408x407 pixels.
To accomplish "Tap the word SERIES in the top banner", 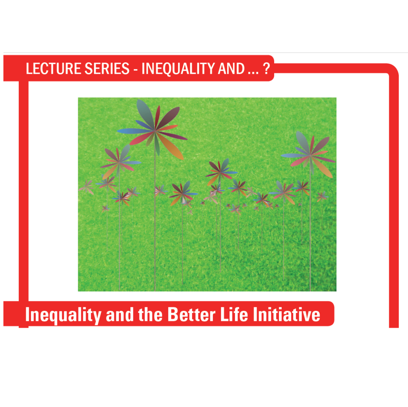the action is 107,69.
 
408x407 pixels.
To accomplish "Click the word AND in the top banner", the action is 231,69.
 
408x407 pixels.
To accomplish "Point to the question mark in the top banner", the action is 266,69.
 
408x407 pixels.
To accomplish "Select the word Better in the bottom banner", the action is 191,315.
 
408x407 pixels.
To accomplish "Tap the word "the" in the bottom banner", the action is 150,315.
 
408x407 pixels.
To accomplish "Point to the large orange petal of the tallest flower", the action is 171,146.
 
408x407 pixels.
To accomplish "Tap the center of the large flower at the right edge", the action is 310,155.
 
